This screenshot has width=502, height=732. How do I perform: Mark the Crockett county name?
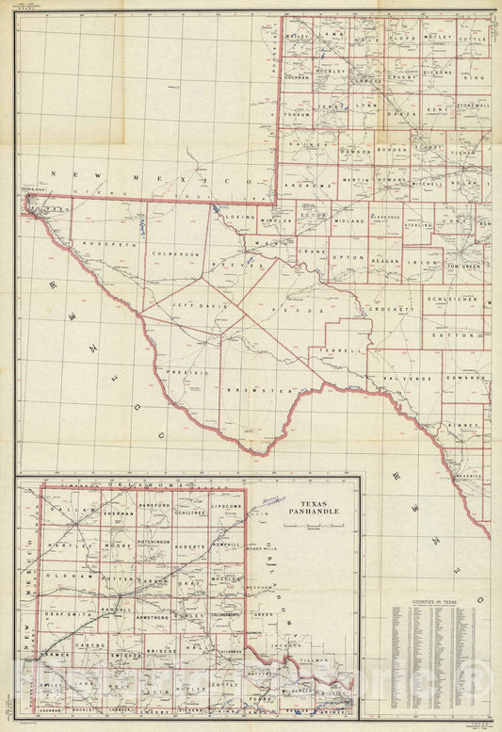coord(392,309)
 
